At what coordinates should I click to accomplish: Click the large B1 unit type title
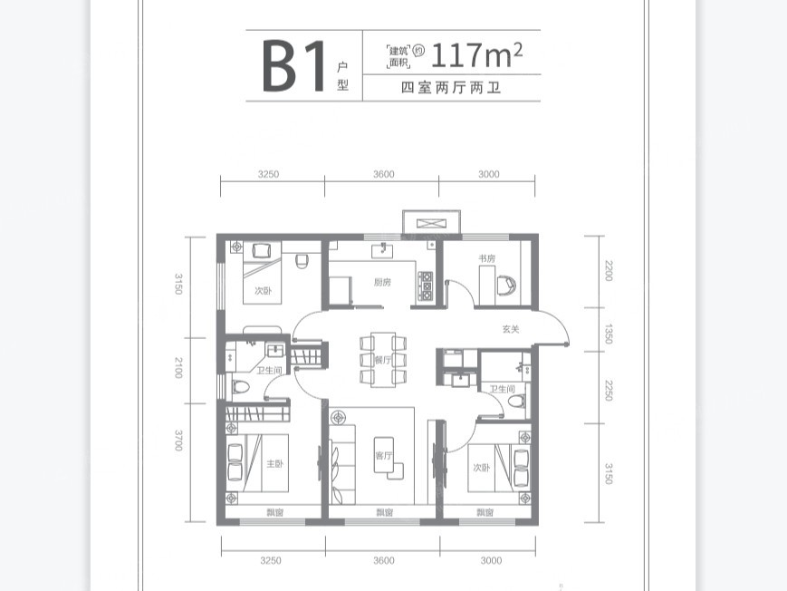pyautogui.click(x=294, y=67)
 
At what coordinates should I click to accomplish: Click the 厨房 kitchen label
pyautogui.click(x=382, y=282)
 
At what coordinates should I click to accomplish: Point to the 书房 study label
pyautogui.click(x=487, y=258)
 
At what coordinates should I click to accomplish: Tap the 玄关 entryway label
pyautogui.click(x=511, y=329)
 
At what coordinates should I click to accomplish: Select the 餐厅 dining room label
pyautogui.click(x=381, y=361)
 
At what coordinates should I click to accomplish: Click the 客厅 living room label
pyautogui.click(x=381, y=456)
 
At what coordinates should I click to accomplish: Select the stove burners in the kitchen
pyautogui.click(x=426, y=283)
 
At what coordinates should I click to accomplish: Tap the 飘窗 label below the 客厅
pyautogui.click(x=384, y=513)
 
